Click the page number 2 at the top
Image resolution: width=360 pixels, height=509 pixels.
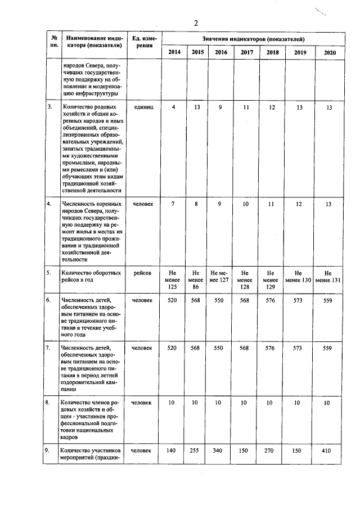[x=196, y=23]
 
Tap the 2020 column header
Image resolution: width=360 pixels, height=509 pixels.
[x=330, y=52]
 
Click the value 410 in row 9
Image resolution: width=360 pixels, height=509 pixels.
[x=330, y=450]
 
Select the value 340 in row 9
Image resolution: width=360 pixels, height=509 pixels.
[x=220, y=450]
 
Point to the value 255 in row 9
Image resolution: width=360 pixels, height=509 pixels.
[x=196, y=450]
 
